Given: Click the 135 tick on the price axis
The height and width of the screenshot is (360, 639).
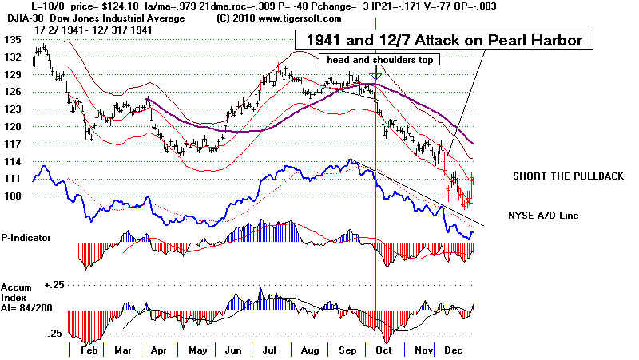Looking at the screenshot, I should click(11, 38).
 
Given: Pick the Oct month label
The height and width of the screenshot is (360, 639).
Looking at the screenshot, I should click(384, 350).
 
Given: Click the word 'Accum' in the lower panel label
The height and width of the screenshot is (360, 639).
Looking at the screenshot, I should click(17, 285).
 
